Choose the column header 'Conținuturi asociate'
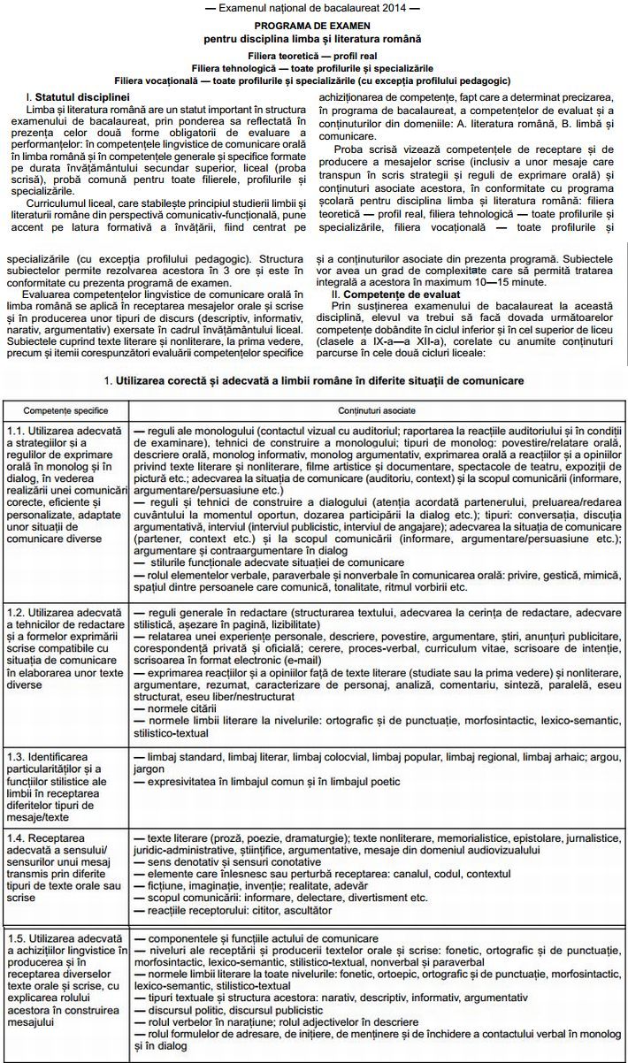[375, 411]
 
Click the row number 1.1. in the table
[15, 430]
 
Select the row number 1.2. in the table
[15, 612]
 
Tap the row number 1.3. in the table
[15, 757]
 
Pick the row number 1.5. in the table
[15, 937]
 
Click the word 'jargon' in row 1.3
[149, 769]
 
